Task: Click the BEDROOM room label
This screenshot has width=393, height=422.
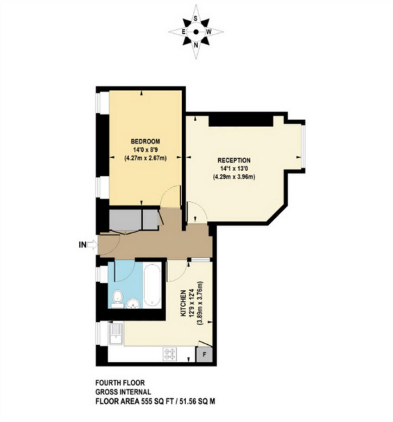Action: tap(145, 141)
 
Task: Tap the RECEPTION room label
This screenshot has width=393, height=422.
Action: tap(234, 160)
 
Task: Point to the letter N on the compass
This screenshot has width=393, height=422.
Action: tap(196, 45)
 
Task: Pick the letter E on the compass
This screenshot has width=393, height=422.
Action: tap(183, 32)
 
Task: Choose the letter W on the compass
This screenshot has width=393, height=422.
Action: tap(209, 32)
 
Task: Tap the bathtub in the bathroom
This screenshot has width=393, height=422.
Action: tap(152, 285)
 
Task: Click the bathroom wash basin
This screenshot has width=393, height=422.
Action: tap(133, 303)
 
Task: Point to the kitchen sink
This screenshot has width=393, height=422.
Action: tap(115, 334)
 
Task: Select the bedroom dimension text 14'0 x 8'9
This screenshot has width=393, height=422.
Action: tap(145, 149)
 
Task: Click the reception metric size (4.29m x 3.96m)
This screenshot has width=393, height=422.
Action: tap(234, 177)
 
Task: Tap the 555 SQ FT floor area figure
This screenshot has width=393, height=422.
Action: tap(152, 400)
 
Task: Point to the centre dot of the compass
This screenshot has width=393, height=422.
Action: tap(196, 32)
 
